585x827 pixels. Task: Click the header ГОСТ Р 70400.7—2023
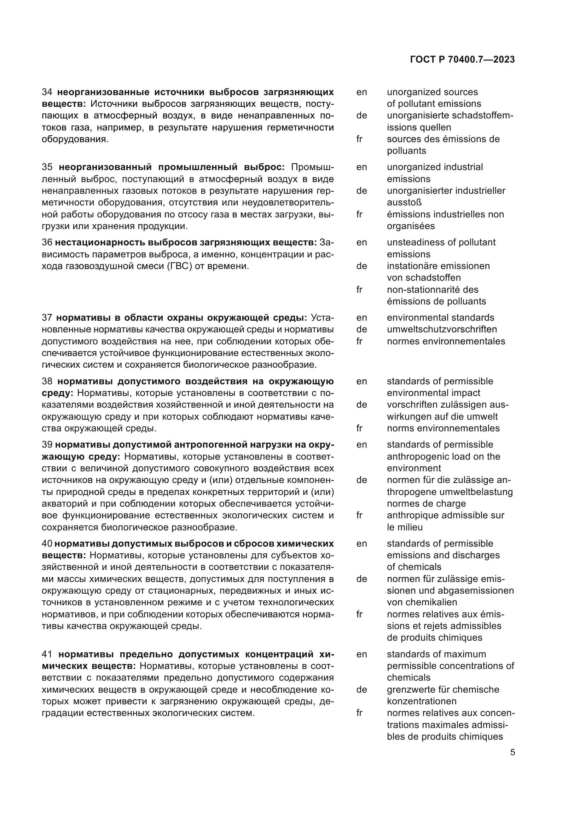462,60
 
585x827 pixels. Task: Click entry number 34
47,92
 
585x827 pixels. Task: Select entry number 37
47,318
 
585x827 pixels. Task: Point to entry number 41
47,654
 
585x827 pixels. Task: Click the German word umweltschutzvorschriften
442,329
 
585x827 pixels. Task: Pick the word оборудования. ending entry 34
75,139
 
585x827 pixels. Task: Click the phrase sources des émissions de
443,139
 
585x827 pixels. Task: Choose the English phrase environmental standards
440,318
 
